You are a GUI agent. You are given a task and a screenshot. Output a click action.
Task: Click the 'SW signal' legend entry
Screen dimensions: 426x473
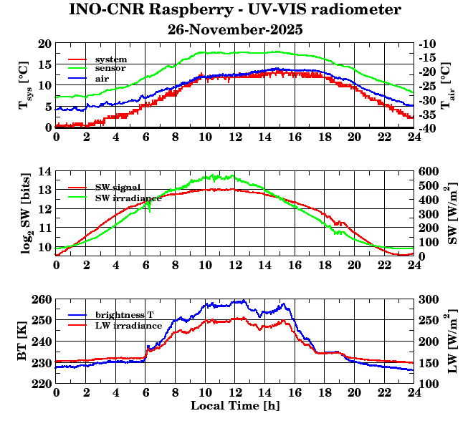pyautogui.click(x=117, y=187)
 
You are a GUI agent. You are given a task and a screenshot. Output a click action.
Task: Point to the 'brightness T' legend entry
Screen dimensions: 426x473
pyautogui.click(x=125, y=315)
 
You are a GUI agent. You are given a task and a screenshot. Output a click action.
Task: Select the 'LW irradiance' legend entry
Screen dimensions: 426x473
pyautogui.click(x=128, y=325)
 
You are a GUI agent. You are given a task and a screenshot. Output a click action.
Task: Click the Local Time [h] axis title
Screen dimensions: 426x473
pyautogui.click(x=234, y=407)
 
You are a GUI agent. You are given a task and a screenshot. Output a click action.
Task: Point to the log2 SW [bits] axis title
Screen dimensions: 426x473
pyautogui.click(x=23, y=213)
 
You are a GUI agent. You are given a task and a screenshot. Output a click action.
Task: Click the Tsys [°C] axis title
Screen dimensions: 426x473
pyautogui.click(x=23, y=86)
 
